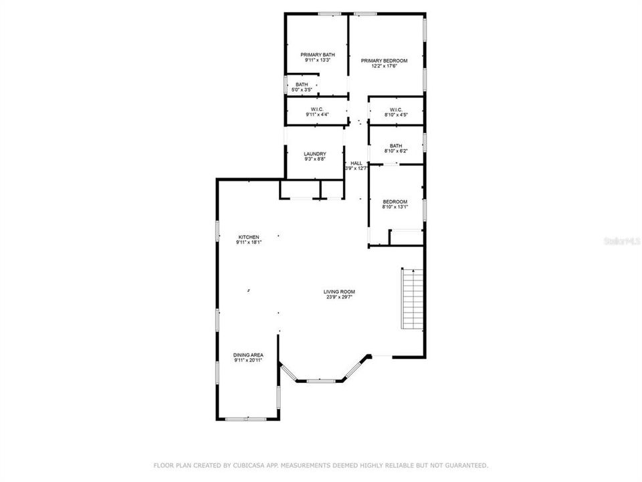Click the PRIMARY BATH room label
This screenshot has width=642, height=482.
tap(318, 55)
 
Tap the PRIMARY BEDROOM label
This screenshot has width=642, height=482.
tap(384, 61)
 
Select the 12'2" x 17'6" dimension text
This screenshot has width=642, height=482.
tap(384, 66)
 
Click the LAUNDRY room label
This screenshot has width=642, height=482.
tap(314, 153)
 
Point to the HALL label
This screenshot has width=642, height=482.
tap(356, 163)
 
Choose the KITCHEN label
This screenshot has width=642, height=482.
tap(249, 237)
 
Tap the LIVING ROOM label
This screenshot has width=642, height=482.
tap(338, 292)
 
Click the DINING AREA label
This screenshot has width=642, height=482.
tap(247, 355)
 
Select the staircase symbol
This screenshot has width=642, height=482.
tap(413, 299)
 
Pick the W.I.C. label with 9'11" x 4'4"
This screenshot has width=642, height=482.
tap(317, 109)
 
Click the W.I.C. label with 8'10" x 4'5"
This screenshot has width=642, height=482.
tap(395, 109)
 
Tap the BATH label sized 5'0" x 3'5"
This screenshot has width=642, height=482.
tap(302, 84)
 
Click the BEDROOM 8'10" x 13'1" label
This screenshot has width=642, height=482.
tap(395, 202)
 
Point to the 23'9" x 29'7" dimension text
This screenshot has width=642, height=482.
tap(338, 297)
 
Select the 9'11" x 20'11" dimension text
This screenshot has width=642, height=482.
tap(247, 360)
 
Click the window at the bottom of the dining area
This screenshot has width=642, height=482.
tap(247, 419)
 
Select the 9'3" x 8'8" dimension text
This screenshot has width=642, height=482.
tap(314, 159)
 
